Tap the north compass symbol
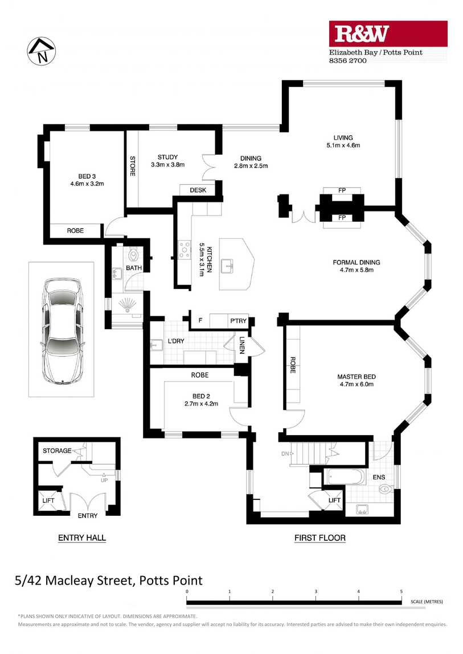(x=42, y=51)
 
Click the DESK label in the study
(x=198, y=190)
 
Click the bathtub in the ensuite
(x=345, y=477)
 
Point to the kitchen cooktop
(x=184, y=250)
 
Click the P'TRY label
(x=239, y=321)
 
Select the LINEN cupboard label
(x=241, y=345)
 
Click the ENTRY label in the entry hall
(x=88, y=516)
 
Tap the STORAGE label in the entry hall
(x=57, y=450)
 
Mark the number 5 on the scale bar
(x=401, y=591)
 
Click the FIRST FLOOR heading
(x=320, y=538)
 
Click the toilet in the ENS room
(x=386, y=489)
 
